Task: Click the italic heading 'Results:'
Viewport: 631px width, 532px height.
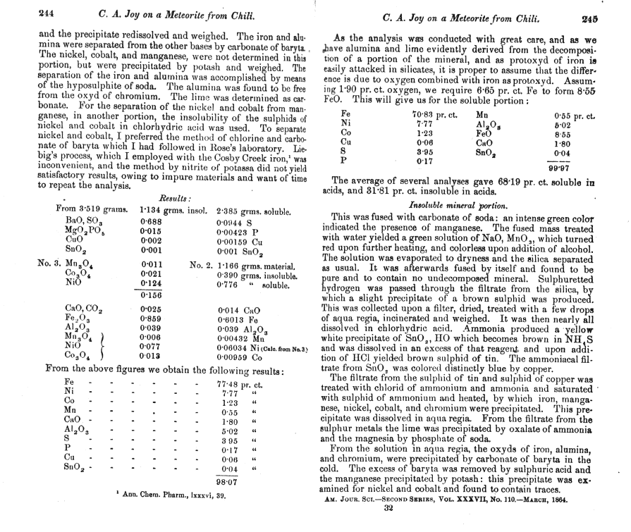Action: coord(171,199)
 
